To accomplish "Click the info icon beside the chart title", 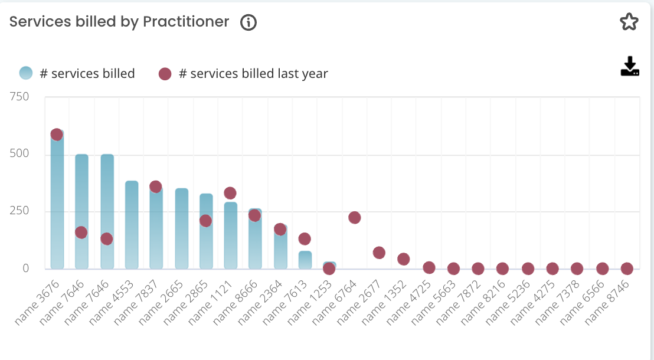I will point(248,22).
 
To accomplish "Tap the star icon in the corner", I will point(629,22).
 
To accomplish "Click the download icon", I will point(630,67).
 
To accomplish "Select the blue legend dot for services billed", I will point(26,74).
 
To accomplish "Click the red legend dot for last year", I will point(165,74).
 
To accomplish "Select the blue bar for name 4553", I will point(132,225).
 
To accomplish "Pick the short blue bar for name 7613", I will point(305,260).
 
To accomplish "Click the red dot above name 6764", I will point(354,218).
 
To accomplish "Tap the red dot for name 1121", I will point(230,193).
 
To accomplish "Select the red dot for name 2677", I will point(379,253).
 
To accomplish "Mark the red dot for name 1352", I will point(404,259).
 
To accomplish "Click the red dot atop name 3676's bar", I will point(57,135).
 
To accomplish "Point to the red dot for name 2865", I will point(205,221).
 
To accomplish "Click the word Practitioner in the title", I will point(186,22).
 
